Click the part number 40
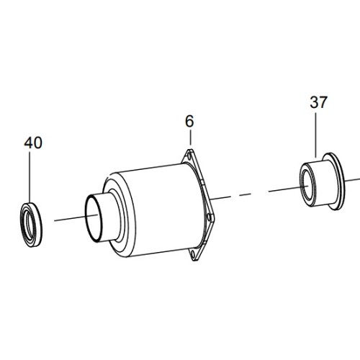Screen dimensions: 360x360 pos(33,143)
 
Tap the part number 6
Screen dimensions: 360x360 pos(189,121)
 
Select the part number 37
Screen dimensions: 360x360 pos(318,102)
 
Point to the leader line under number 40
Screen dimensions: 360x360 pos(30,177)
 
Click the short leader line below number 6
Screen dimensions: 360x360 pos(190,138)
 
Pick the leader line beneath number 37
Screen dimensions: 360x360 pos(316,135)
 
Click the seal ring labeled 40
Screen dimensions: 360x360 pos(31,225)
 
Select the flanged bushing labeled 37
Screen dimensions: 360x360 pos(323,181)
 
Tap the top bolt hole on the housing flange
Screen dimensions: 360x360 pos(189,156)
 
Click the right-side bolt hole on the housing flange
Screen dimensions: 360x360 pos(210,217)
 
